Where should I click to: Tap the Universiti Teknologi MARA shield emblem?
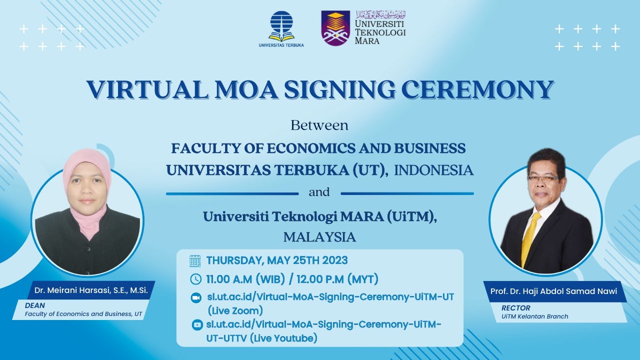coord(335,28)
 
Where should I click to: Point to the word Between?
coord(319,125)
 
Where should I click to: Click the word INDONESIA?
coord(433,170)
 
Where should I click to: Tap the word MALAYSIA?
coord(319,237)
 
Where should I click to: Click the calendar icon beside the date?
coord(195,261)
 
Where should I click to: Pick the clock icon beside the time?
coord(196,279)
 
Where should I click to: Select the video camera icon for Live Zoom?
coord(196,297)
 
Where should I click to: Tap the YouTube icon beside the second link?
coord(197,325)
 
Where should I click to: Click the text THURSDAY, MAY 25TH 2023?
coord(277,260)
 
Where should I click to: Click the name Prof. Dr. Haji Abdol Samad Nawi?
coord(553,291)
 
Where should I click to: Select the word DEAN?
coord(35,305)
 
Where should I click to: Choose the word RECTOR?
coord(516,308)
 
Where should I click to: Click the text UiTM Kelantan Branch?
coord(535,316)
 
